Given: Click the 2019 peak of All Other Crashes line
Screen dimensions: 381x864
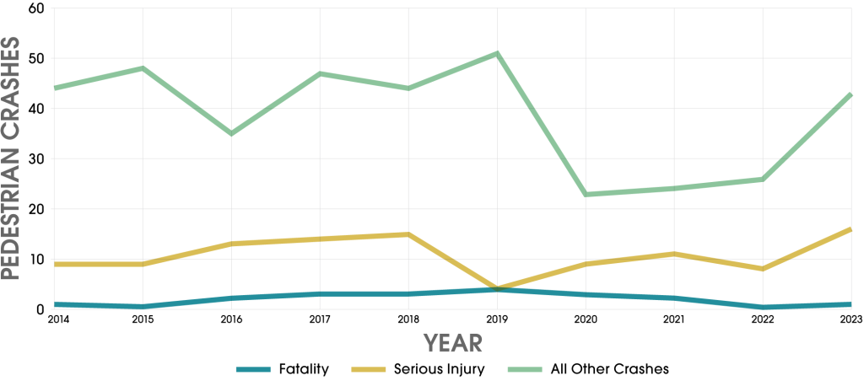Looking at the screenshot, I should pyautogui.click(x=497, y=54).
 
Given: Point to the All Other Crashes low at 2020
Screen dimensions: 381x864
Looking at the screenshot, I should pyautogui.click(x=586, y=194).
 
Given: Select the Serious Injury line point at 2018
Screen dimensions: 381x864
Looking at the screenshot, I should pyautogui.click(x=408, y=234).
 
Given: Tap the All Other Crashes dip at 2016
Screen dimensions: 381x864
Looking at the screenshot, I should pyautogui.click(x=231, y=133).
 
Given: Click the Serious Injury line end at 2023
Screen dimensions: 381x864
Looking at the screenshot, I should pyautogui.click(x=850, y=229).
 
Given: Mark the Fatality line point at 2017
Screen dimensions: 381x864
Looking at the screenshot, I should pyautogui.click(x=320, y=293).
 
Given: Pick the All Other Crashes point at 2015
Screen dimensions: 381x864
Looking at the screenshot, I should pyautogui.click(x=143, y=68).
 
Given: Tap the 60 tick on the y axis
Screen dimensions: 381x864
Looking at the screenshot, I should pyautogui.click(x=35, y=9).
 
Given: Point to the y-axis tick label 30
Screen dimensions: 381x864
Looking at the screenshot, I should pyautogui.click(x=35, y=158).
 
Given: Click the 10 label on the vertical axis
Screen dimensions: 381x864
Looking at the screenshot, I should pyautogui.click(x=35, y=259).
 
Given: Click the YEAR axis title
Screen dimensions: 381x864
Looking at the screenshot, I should pyautogui.click(x=453, y=342).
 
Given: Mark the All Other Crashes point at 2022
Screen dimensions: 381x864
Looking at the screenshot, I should pyautogui.click(x=763, y=179).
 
